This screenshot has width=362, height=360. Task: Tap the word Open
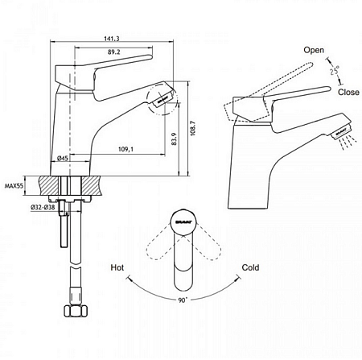(x=313, y=49)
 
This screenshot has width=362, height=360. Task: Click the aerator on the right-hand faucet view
(x=341, y=129)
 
